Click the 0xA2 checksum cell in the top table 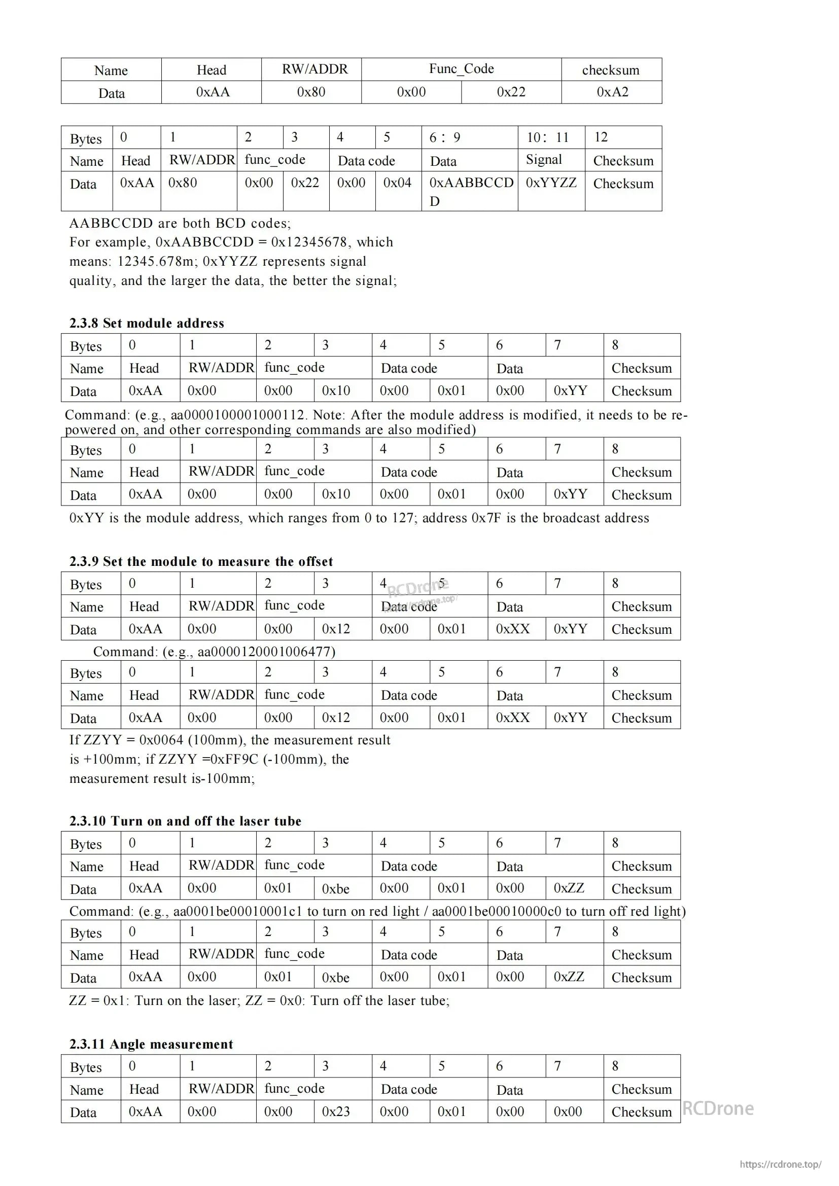[612, 92]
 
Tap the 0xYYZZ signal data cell [551, 183]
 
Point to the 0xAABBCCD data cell [471, 184]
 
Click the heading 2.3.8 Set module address [147, 323]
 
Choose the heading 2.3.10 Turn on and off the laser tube [185, 821]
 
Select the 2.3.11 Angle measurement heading [151, 1044]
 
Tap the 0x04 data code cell [397, 183]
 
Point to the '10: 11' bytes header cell [548, 137]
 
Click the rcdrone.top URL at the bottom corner [780, 1164]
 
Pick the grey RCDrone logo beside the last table [718, 1108]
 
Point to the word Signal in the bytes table [543, 160]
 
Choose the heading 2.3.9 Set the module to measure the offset [201, 561]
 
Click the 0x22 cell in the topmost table [511, 92]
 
